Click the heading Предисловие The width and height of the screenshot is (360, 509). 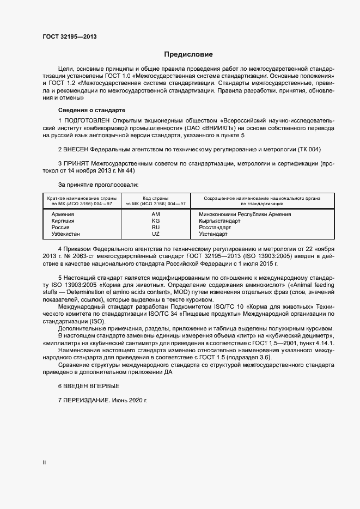tap(188, 54)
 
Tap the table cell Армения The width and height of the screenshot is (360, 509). tap(63, 214)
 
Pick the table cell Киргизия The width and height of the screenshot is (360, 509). tap(63, 221)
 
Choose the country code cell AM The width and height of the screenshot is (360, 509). tap(156, 214)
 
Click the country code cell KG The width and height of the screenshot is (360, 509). tap(156, 221)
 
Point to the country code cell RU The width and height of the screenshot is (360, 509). tap(156, 228)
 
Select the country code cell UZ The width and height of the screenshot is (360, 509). tap(156, 234)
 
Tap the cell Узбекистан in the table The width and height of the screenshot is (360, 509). tap(66, 234)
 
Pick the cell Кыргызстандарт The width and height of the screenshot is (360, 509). tap(219, 221)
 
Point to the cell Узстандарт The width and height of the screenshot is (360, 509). tap(213, 234)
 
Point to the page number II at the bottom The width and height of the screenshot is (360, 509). tap(44, 463)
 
